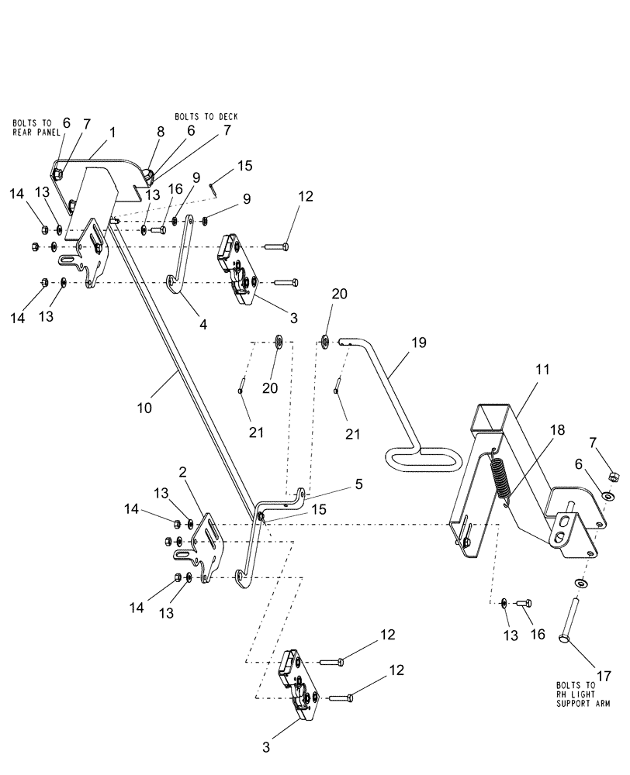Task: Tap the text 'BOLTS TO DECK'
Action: click(x=206, y=116)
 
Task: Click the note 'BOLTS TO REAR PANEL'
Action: click(x=32, y=126)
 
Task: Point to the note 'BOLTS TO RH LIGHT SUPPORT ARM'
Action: click(x=582, y=694)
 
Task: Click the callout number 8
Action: click(x=160, y=132)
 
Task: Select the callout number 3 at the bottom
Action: click(x=267, y=749)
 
